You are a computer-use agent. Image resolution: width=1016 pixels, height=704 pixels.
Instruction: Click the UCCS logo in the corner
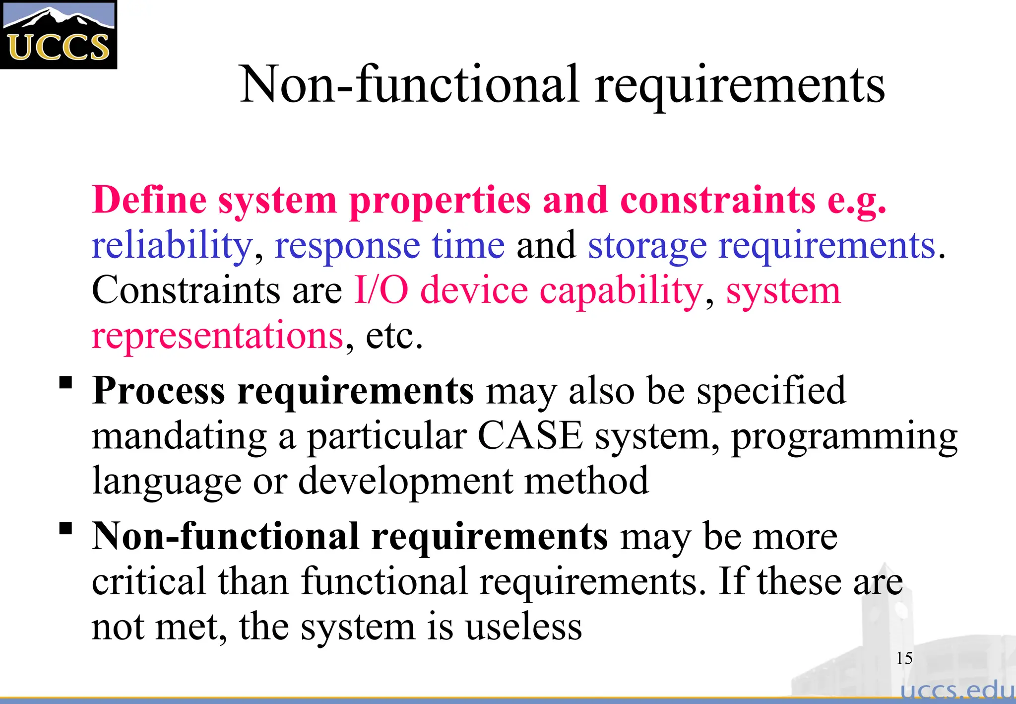pyautogui.click(x=59, y=35)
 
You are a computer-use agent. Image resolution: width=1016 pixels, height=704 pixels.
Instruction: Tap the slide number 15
pyautogui.click(x=904, y=658)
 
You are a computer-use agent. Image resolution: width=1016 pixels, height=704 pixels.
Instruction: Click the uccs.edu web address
pyautogui.click(x=957, y=690)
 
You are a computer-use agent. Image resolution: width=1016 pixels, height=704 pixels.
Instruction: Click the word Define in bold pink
pyautogui.click(x=149, y=200)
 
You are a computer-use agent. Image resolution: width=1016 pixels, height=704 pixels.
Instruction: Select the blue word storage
pyautogui.click(x=647, y=246)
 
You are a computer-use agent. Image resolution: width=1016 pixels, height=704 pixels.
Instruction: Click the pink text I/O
pyautogui.click(x=381, y=290)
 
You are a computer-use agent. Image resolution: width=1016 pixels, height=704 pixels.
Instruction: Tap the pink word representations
pyautogui.click(x=217, y=336)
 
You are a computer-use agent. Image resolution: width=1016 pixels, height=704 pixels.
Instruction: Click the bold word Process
pyautogui.click(x=159, y=391)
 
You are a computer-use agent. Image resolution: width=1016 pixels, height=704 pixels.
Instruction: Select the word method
pyautogui.click(x=586, y=481)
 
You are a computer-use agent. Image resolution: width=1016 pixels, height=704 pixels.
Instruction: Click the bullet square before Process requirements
pyautogui.click(x=65, y=383)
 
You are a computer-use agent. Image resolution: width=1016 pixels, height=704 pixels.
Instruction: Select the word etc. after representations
pyautogui.click(x=394, y=336)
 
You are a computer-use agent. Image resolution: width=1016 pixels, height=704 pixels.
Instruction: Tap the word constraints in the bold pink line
pyautogui.click(x=717, y=200)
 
